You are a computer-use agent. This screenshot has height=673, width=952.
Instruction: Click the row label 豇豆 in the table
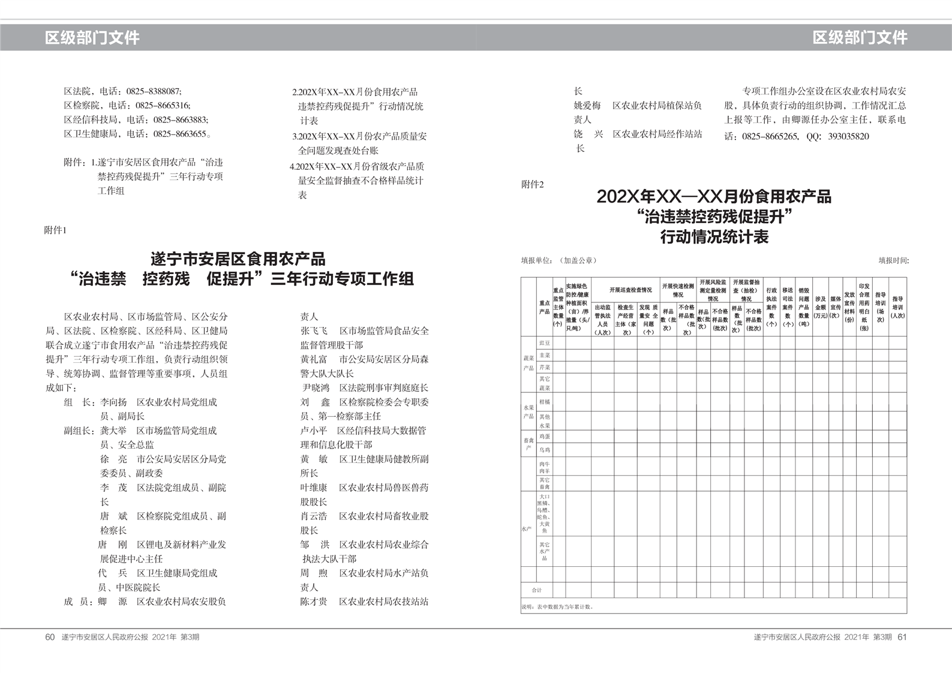pyautogui.click(x=544, y=343)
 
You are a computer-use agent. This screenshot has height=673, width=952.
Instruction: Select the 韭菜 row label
pyautogui.click(x=544, y=355)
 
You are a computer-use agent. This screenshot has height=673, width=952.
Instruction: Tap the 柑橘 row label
pyautogui.click(x=544, y=402)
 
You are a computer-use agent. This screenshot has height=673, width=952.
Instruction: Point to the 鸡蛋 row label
pyautogui.click(x=544, y=437)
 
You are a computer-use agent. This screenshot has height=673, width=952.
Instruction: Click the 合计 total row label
pyautogui.click(x=536, y=590)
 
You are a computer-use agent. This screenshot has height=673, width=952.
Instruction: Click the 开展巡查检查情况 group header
pyautogui.click(x=630, y=290)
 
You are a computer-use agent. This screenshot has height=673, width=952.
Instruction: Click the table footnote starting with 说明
pyautogui.click(x=557, y=606)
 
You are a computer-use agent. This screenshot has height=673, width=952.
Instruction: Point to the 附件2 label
pyautogui.click(x=533, y=185)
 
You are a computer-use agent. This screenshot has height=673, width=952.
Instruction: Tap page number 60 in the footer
pyautogui.click(x=50, y=637)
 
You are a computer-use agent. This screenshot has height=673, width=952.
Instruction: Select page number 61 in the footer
pyautogui.click(x=902, y=637)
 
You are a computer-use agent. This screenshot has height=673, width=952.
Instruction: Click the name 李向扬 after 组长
pyautogui.click(x=113, y=402)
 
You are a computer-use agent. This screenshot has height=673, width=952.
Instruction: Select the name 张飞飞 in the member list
pyautogui.click(x=314, y=331)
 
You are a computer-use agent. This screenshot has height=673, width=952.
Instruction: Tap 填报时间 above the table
pyautogui.click(x=893, y=260)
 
